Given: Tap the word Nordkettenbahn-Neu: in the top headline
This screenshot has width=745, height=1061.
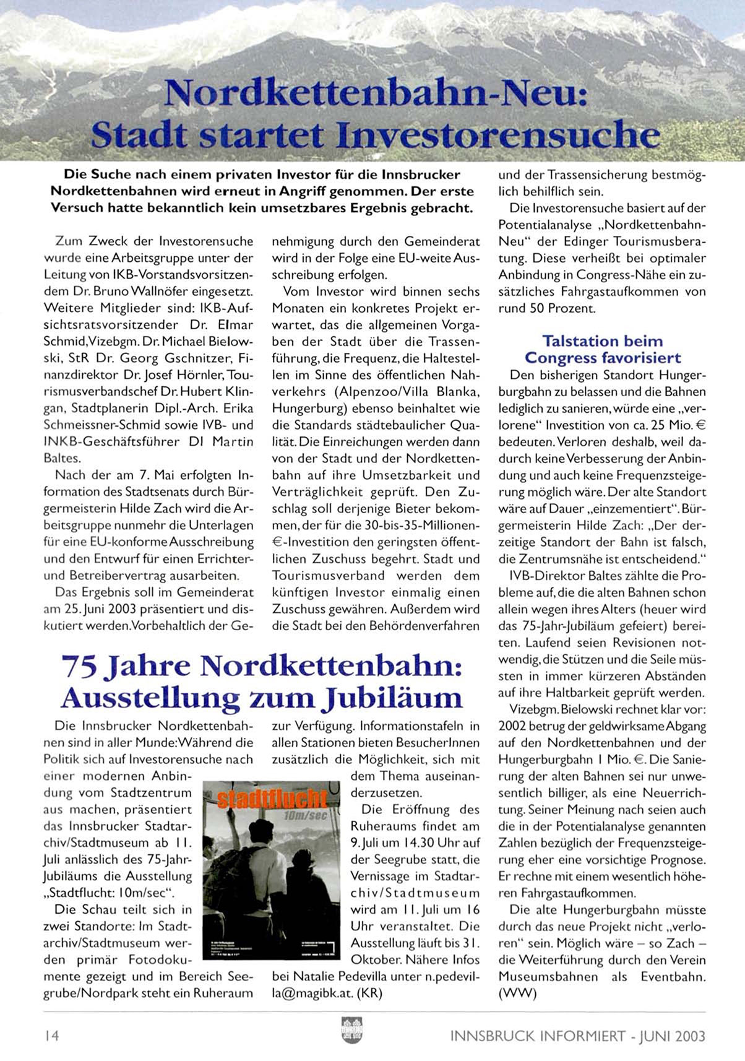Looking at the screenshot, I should (x=374, y=94).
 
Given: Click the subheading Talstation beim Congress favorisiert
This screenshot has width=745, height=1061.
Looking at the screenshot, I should (x=603, y=350).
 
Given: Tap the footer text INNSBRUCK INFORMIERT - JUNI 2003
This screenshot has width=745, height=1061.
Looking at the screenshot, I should (x=578, y=1036).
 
